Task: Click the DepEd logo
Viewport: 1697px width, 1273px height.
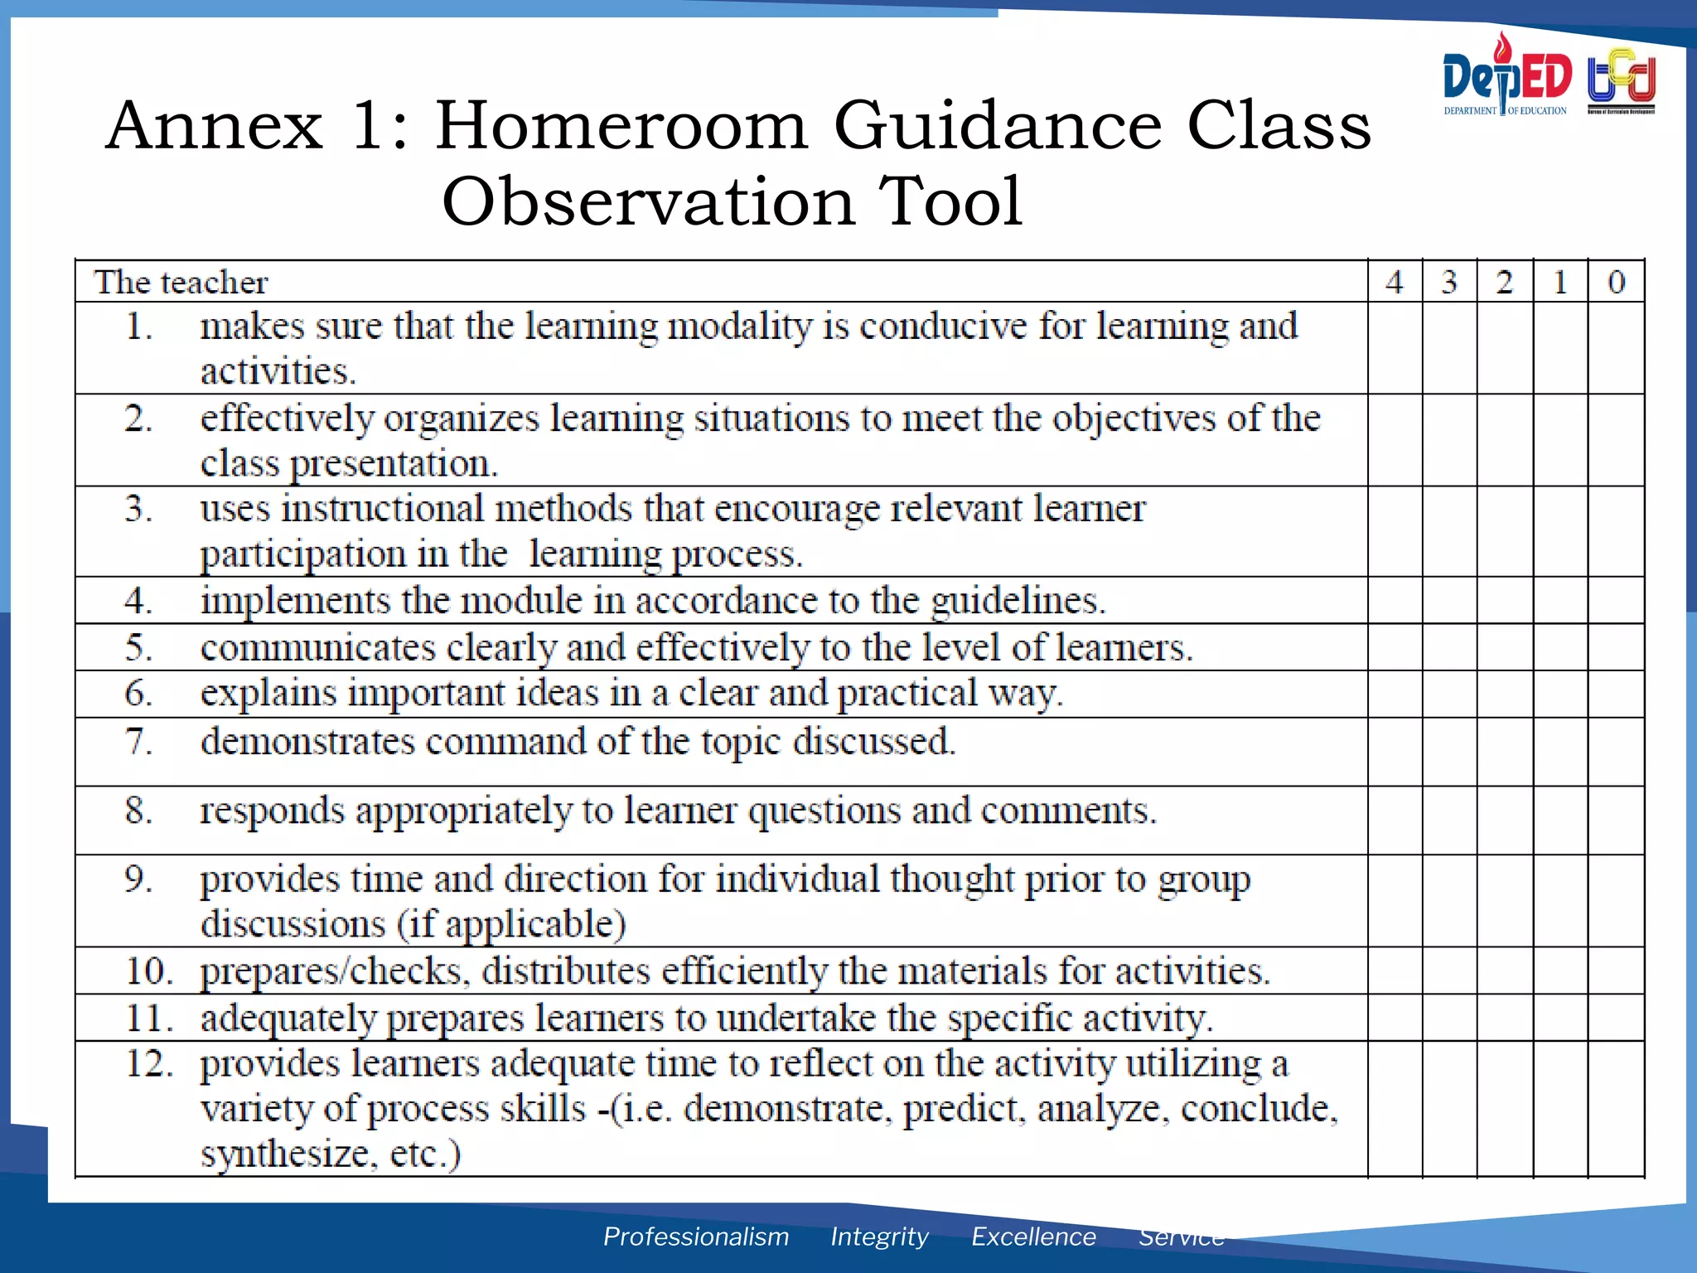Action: [1506, 76]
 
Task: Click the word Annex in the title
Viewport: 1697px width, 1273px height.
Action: [214, 126]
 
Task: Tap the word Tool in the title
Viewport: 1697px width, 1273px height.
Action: [950, 201]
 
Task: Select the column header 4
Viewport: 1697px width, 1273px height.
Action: [1395, 282]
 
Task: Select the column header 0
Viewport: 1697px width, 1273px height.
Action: [1616, 282]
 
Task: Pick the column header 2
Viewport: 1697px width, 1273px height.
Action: [1505, 282]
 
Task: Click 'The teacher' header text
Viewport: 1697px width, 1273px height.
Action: [181, 283]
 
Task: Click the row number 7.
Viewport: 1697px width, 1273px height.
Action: [138, 740]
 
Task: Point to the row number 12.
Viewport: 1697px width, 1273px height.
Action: [148, 1063]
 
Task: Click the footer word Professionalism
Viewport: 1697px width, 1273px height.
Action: [695, 1236]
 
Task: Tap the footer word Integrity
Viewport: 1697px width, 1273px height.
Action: [879, 1236]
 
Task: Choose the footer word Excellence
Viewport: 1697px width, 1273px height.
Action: [1033, 1236]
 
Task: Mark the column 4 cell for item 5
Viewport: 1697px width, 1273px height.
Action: [1395, 646]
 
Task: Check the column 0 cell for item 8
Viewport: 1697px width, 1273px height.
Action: [1616, 820]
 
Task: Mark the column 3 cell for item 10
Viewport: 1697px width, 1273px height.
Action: [1449, 970]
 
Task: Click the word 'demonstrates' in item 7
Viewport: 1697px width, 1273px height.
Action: [307, 741]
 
